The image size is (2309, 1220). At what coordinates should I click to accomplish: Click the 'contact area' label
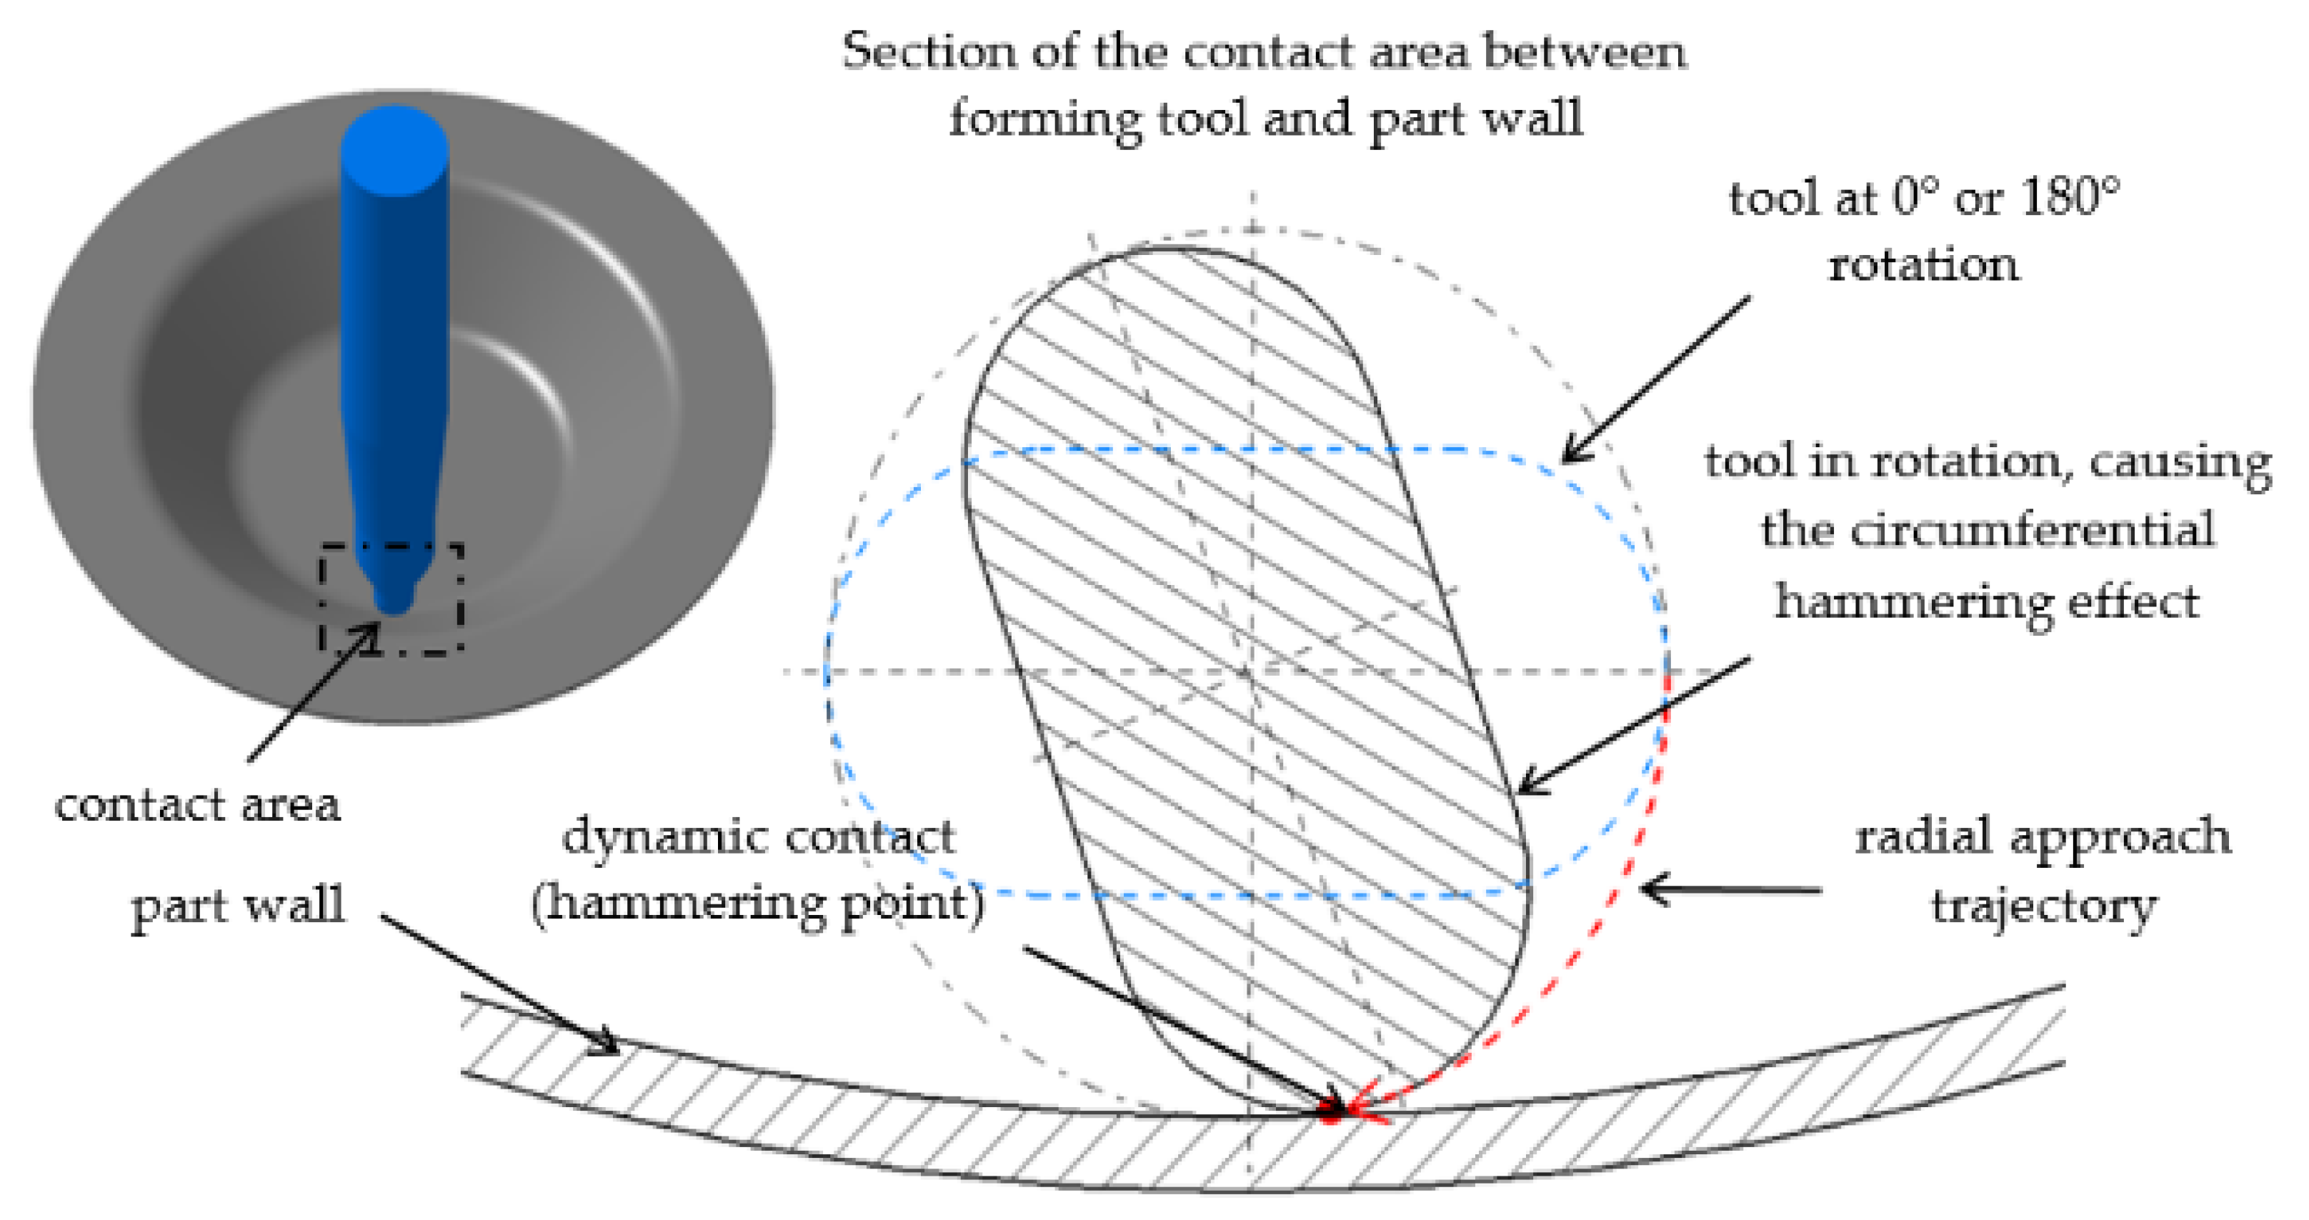197,805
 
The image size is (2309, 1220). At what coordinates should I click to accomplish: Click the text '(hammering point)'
757,904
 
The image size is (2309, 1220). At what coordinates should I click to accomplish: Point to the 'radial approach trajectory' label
2042,869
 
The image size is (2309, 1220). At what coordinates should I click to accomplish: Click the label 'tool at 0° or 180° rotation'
1923,231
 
